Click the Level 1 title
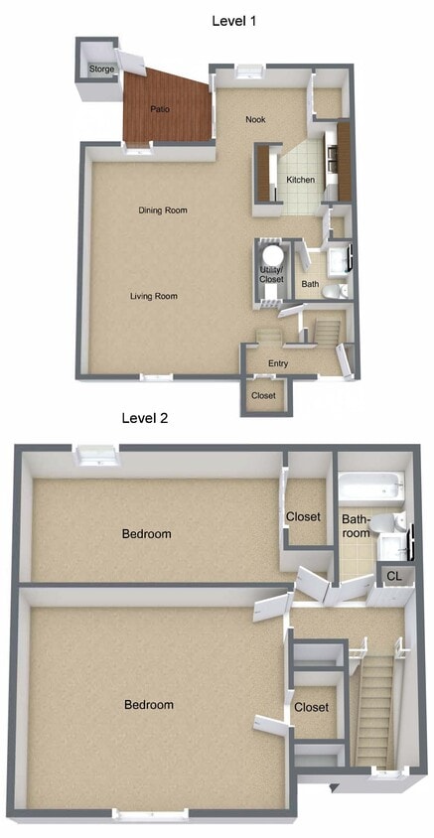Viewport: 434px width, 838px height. click(x=234, y=20)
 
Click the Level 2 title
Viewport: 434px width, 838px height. click(x=145, y=418)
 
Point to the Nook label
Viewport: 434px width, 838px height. click(x=256, y=119)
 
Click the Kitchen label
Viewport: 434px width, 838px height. click(x=301, y=180)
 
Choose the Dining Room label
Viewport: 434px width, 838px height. click(x=163, y=209)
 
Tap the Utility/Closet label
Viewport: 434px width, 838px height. click(x=271, y=275)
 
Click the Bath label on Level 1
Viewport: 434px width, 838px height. click(x=311, y=285)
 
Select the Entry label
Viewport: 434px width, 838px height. click(x=278, y=363)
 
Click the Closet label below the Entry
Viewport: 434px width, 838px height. click(x=263, y=395)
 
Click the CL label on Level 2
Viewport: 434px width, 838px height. click(x=393, y=576)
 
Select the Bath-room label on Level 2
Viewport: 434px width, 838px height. click(x=356, y=526)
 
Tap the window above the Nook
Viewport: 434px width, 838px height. click(x=249, y=70)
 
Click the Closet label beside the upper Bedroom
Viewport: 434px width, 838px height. click(x=303, y=516)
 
